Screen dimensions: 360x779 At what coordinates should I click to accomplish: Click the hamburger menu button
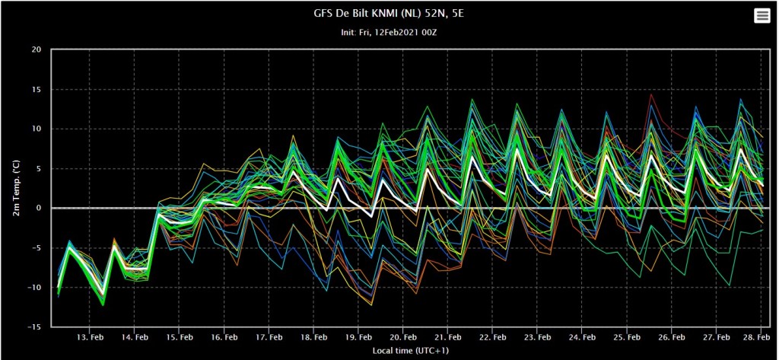click(x=762, y=16)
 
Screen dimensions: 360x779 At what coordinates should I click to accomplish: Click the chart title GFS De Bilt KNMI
click(x=389, y=13)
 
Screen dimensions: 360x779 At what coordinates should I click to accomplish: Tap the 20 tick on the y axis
click(x=36, y=50)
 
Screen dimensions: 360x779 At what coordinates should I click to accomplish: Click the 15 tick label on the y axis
click(x=36, y=90)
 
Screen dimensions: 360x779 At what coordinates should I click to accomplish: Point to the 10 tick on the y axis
click(x=36, y=129)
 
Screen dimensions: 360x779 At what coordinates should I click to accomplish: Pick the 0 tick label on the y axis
click(x=38, y=209)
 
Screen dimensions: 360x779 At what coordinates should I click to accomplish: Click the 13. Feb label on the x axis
click(x=91, y=336)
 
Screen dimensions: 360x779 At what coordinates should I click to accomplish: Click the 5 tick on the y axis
click(x=38, y=169)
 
